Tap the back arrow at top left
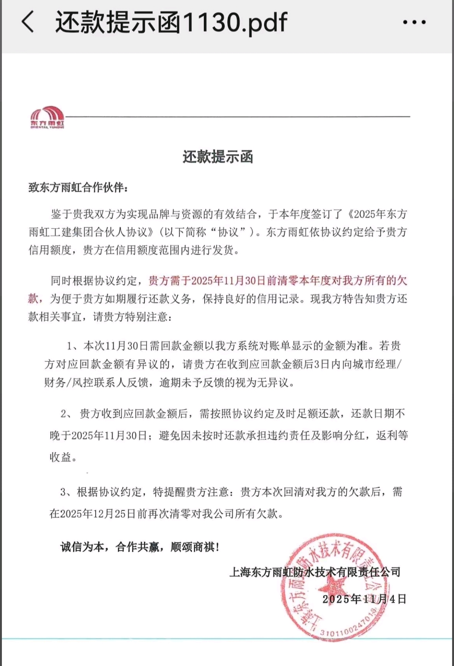(x=28, y=22)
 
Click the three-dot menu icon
(x=414, y=22)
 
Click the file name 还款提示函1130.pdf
(x=171, y=22)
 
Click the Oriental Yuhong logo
(x=47, y=117)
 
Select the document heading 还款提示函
(x=218, y=157)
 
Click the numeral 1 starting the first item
(x=70, y=346)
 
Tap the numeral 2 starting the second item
(x=64, y=414)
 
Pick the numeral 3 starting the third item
(x=63, y=492)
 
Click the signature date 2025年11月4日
(x=364, y=599)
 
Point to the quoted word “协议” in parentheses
(x=228, y=232)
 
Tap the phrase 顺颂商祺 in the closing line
(x=193, y=547)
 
